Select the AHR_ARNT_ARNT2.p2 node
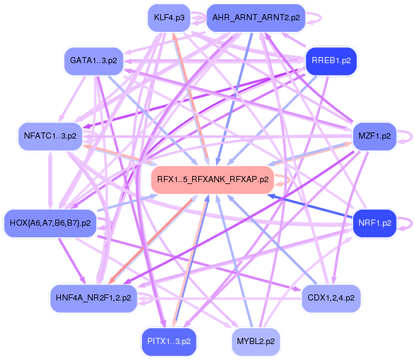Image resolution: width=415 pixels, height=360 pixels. (x=256, y=18)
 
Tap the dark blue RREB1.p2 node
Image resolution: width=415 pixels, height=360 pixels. (x=331, y=61)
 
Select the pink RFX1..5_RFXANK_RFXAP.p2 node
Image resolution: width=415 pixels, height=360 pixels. (x=212, y=180)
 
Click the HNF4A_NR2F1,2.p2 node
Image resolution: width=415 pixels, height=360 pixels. (x=93, y=298)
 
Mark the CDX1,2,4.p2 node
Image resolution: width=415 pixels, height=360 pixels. (x=332, y=298)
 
